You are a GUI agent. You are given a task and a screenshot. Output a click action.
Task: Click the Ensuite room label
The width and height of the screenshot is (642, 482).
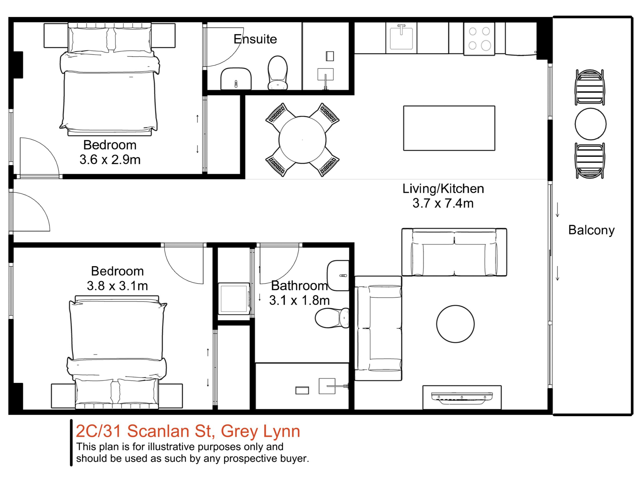tap(255, 39)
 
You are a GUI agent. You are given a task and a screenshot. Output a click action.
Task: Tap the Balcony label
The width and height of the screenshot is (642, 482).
tap(591, 230)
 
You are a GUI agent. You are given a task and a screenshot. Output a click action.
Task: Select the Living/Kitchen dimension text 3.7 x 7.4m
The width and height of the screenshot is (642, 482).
tap(443, 203)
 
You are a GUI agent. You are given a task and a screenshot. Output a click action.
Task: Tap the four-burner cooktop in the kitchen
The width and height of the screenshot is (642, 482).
tap(479, 39)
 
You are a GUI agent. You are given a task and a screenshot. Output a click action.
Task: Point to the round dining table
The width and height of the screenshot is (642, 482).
tap(302, 140)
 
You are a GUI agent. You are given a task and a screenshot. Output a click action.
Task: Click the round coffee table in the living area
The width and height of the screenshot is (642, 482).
tap(455, 324)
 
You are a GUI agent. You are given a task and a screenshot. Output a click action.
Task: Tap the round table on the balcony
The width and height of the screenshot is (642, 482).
tap(591, 124)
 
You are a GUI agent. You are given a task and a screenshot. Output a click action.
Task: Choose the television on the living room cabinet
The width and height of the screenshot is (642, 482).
tap(462, 398)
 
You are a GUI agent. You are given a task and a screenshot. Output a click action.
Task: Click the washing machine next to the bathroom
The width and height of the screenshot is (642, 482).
tap(234, 299)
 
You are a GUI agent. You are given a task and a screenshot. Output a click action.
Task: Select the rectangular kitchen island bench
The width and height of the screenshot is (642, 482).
tap(449, 128)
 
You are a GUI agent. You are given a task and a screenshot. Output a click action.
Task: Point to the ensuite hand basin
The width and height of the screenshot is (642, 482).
tap(236, 79)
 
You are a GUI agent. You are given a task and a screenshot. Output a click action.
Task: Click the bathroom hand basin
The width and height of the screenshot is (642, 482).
tap(338, 275)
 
